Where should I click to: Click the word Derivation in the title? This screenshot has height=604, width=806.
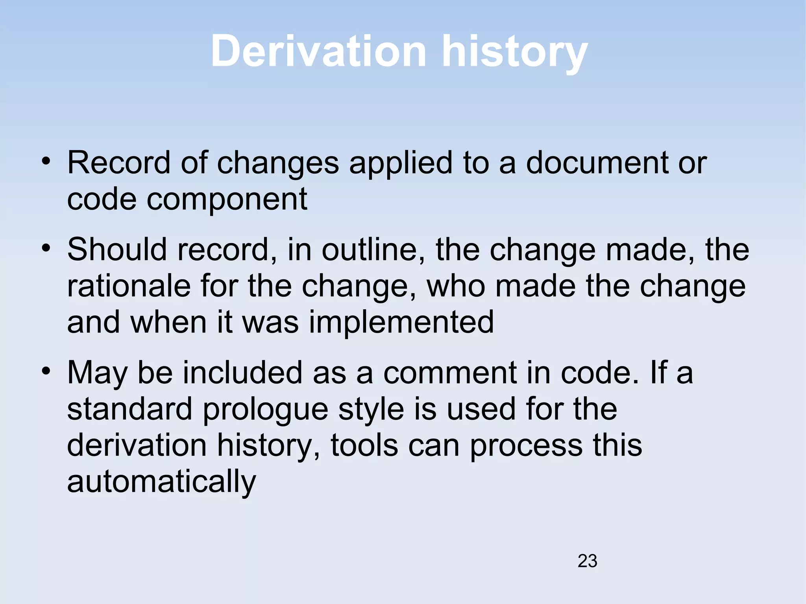click(318, 52)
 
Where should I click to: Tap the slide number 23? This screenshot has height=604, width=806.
click(587, 561)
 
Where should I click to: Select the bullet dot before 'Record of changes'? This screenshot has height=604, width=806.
click(46, 161)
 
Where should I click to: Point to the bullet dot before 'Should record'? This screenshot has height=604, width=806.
click(46, 248)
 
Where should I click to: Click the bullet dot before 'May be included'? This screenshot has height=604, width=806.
click(46, 371)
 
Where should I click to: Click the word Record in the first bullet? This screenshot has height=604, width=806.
click(118, 163)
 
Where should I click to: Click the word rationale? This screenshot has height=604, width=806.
click(129, 286)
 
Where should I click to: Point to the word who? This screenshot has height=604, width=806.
click(456, 286)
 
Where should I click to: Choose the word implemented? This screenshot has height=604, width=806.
click(401, 322)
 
